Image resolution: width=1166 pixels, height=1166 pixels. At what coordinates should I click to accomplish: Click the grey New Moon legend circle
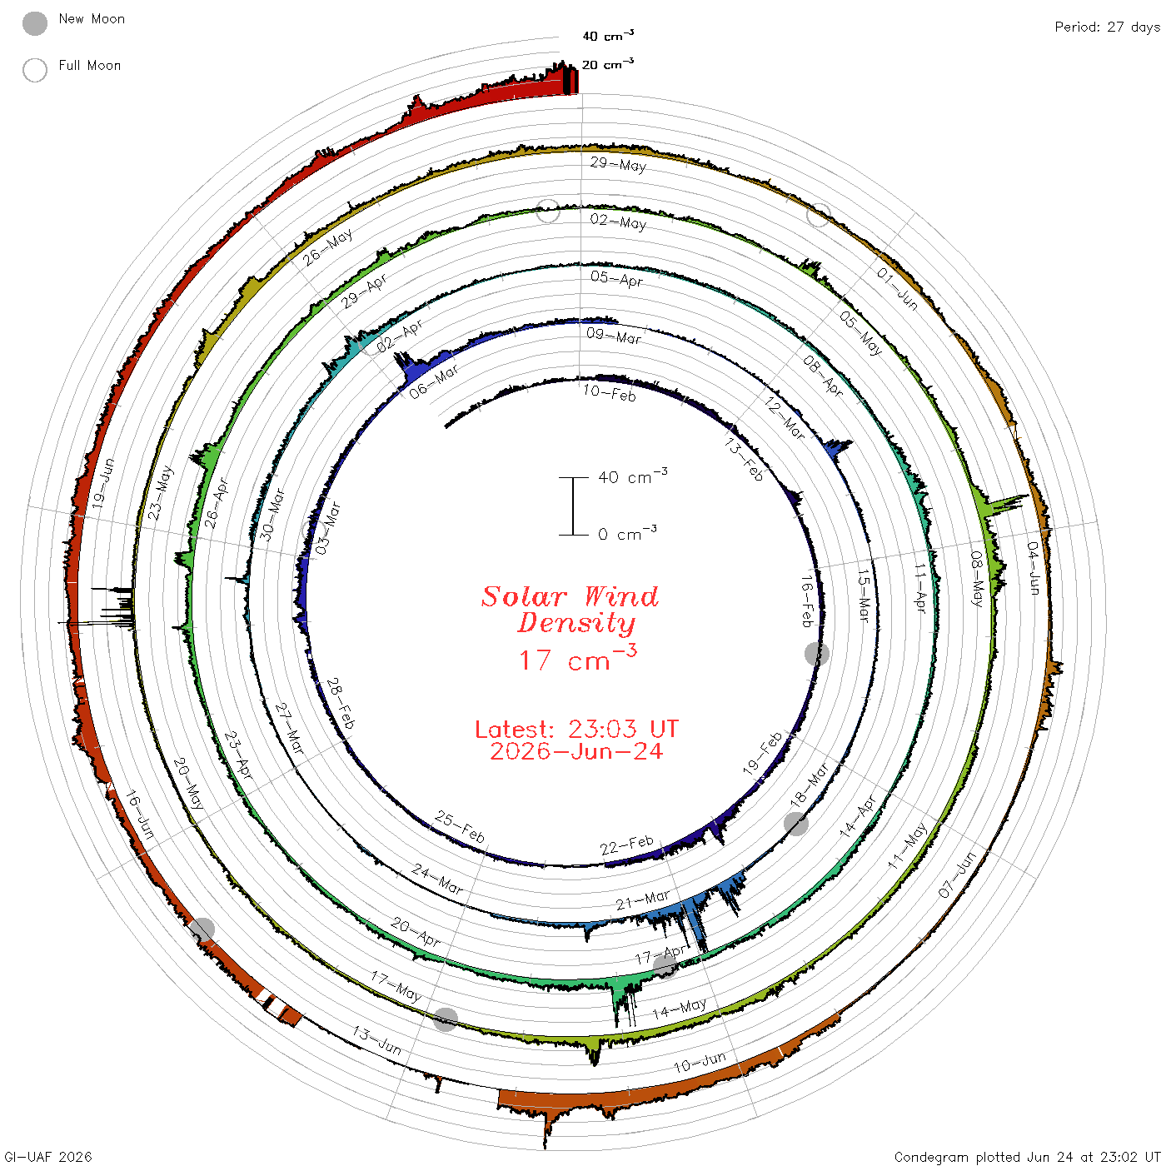pyautogui.click(x=35, y=23)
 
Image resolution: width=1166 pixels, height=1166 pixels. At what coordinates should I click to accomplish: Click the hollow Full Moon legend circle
pyautogui.click(x=35, y=70)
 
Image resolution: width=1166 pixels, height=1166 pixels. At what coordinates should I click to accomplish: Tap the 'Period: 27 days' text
pyautogui.click(x=1107, y=27)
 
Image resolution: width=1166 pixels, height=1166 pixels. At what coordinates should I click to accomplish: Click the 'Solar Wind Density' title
pyautogui.click(x=570, y=610)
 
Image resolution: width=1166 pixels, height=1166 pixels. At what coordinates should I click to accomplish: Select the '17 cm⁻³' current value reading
pyautogui.click(x=577, y=659)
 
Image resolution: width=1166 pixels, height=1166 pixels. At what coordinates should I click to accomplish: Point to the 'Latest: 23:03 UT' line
pyautogui.click(x=576, y=729)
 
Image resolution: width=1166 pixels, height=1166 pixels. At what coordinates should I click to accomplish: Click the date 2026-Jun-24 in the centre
pyautogui.click(x=576, y=751)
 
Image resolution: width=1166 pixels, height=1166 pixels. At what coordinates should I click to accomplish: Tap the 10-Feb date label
pyautogui.click(x=610, y=393)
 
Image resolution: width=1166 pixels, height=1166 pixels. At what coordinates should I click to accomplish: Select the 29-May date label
pyautogui.click(x=619, y=164)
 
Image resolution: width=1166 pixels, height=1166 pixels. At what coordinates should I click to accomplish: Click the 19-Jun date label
pyautogui.click(x=103, y=483)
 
